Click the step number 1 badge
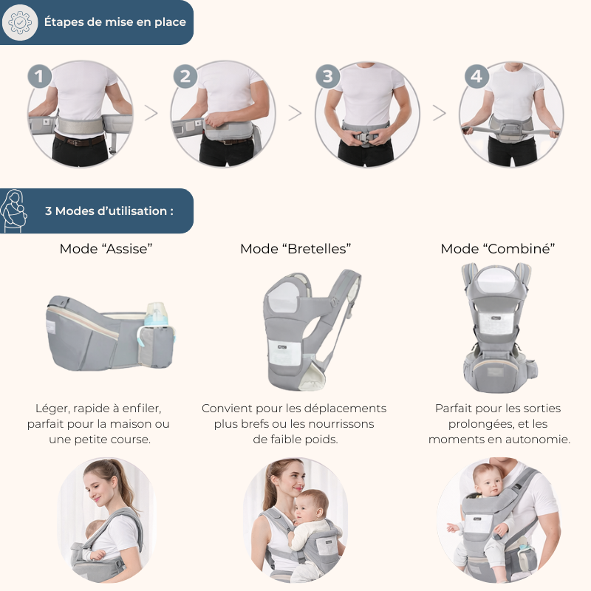pyautogui.click(x=40, y=77)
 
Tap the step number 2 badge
pyautogui.click(x=185, y=77)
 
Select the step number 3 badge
pyautogui.click(x=327, y=77)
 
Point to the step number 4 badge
pyautogui.click(x=476, y=77)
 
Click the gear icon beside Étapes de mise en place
pyautogui.click(x=20, y=22)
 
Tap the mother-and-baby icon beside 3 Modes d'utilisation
pyautogui.click(x=13, y=211)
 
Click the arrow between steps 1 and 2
pyautogui.click(x=151, y=113)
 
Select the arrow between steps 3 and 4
pyautogui.click(x=439, y=113)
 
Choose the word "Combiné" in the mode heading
pyautogui.click(x=519, y=249)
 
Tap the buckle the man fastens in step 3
pyautogui.click(x=364, y=138)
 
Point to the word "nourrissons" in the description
pyautogui.click(x=341, y=424)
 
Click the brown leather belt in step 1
pyautogui.click(x=80, y=140)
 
